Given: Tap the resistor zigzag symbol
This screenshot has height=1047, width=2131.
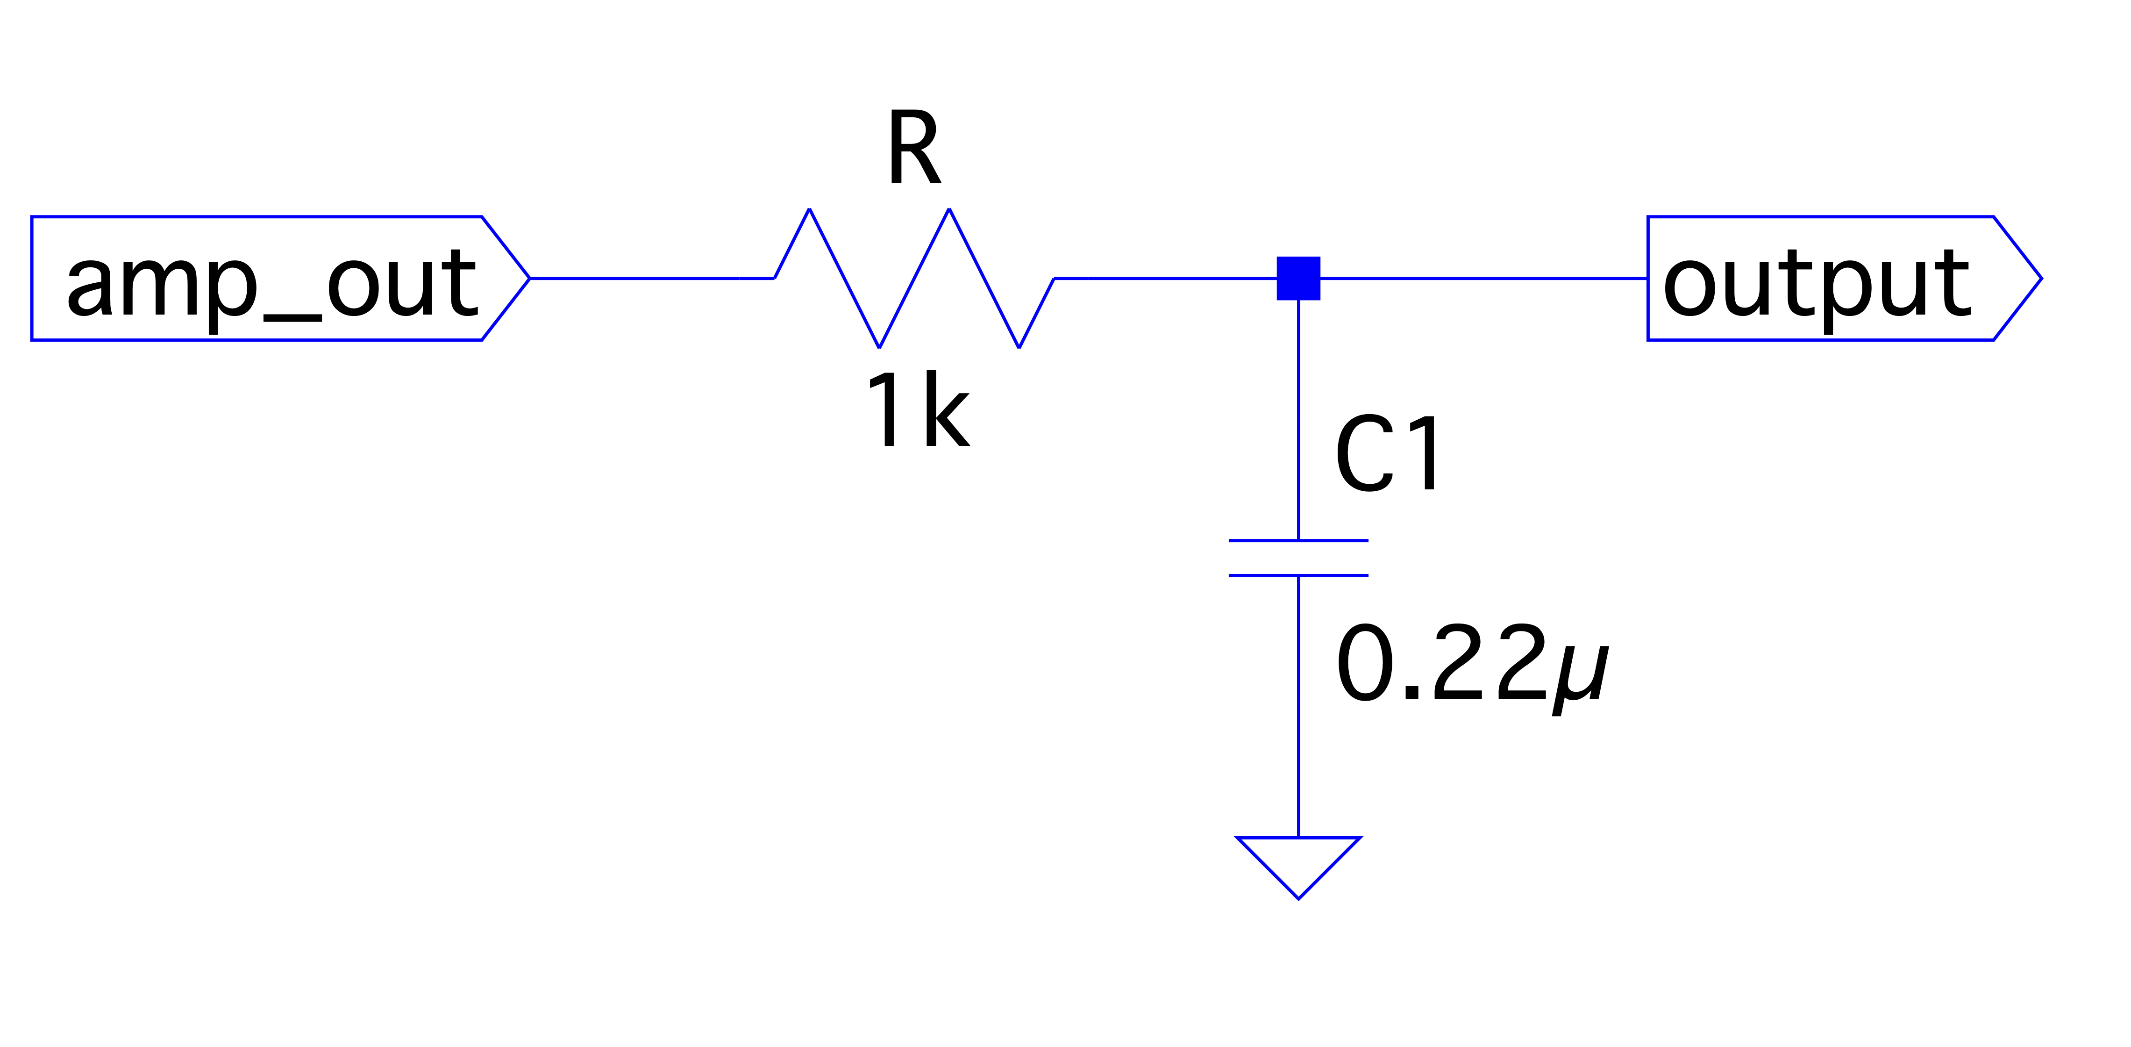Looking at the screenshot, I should pyautogui.click(x=914, y=278).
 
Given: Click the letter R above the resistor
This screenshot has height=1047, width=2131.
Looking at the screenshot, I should pyautogui.click(x=913, y=149).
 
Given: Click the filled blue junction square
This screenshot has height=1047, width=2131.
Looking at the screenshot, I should pyautogui.click(x=1298, y=278).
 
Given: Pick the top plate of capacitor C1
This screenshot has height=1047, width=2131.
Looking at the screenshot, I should pyautogui.click(x=1298, y=540).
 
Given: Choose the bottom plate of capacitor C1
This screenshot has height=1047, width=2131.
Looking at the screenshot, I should pyautogui.click(x=1298, y=575).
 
